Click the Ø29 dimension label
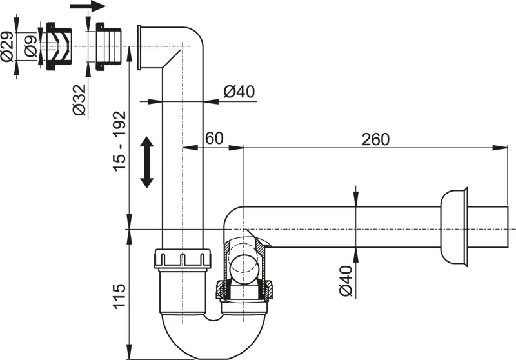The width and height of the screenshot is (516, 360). pos(7,47)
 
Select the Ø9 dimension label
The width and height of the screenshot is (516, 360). pos(30,47)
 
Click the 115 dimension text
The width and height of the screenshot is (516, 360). pos(119,295)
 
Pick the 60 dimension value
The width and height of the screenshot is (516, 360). pos(214,138)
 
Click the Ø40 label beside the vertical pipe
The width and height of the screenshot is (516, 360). pos(239,92)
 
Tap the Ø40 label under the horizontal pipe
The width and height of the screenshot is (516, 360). pos(346,281)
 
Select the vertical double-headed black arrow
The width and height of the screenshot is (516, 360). pos(147,161)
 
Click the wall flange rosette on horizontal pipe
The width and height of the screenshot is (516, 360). pos(454,226)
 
